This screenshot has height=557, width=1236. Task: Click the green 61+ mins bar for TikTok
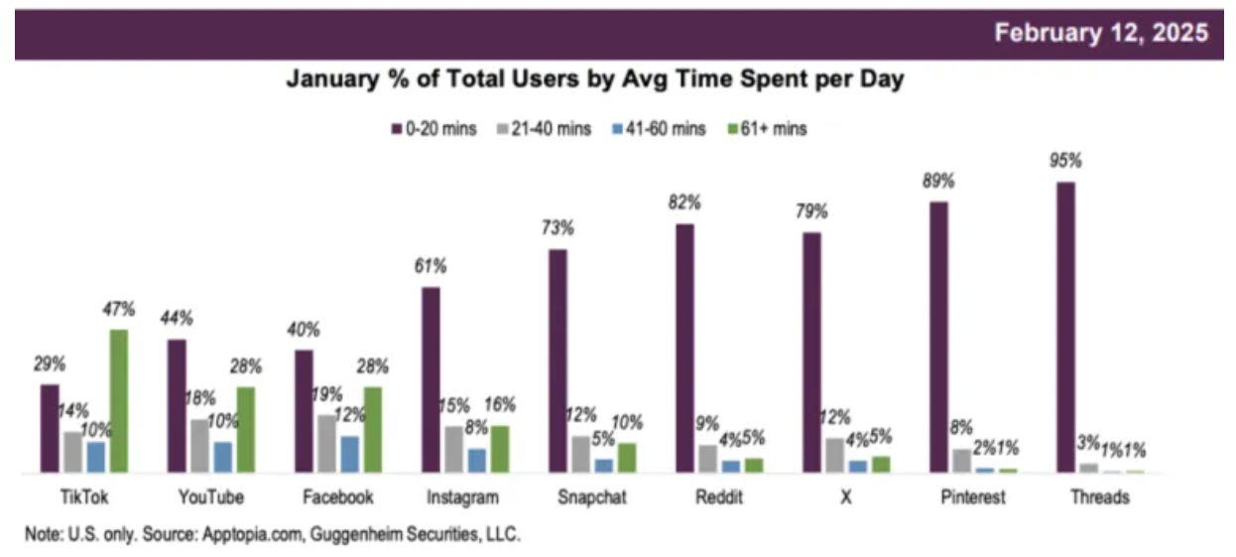click(x=119, y=400)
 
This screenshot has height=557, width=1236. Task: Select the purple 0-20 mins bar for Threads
click(x=1065, y=327)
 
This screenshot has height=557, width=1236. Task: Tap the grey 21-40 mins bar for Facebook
click(x=326, y=443)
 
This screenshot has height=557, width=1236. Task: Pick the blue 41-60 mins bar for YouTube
click(x=223, y=457)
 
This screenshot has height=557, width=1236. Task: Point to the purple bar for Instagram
click(x=431, y=379)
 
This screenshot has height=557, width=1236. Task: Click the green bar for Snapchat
click(x=627, y=457)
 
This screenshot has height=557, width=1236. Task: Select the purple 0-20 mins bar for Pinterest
click(x=938, y=337)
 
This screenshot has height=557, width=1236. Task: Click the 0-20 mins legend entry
click(x=440, y=129)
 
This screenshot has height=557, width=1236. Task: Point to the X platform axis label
click(x=845, y=497)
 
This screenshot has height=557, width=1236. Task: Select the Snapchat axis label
click(x=592, y=497)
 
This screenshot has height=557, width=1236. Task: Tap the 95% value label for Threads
click(x=1066, y=160)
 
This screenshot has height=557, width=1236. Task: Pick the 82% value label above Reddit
click(x=684, y=203)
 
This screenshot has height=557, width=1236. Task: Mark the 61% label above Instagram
click(x=431, y=265)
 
